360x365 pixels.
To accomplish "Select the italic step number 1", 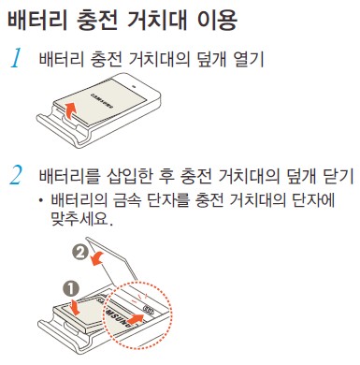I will pos(16,61).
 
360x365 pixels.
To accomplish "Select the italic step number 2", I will pos(16,175).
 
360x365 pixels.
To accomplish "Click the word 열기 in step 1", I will pos(251,61).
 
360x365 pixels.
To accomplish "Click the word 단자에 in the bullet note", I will pos(311,200).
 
